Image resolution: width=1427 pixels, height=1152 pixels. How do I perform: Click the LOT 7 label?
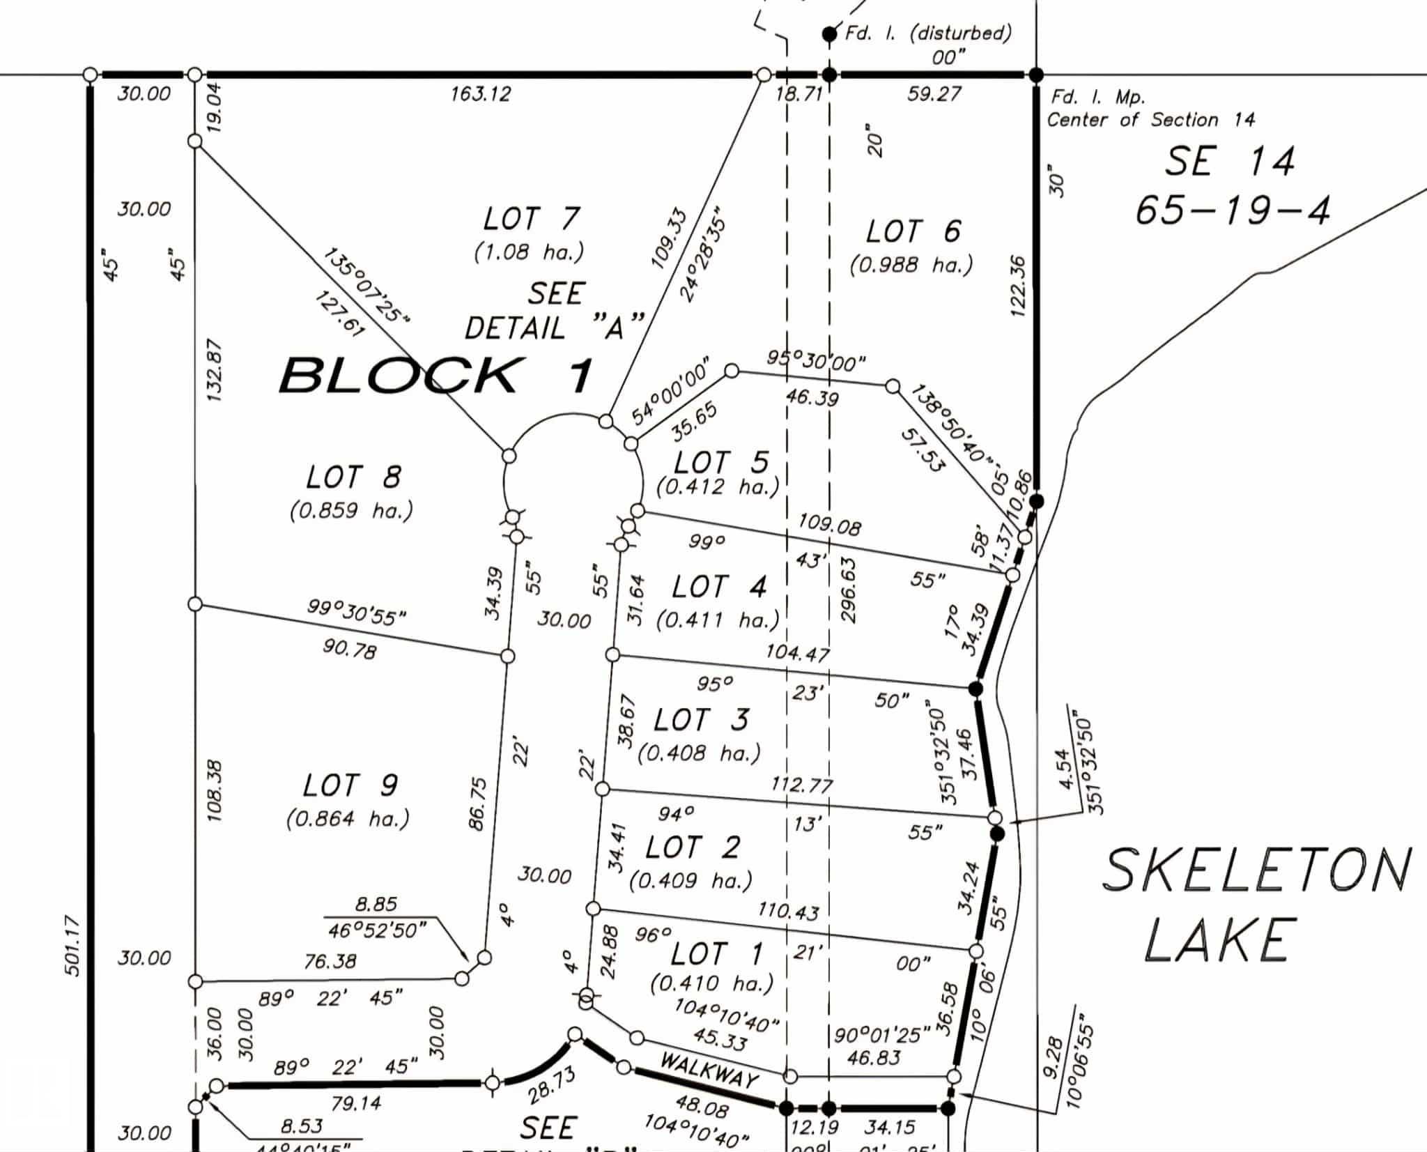pyautogui.click(x=531, y=219)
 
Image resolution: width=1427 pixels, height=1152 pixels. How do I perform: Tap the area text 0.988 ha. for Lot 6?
pyautogui.click(x=911, y=265)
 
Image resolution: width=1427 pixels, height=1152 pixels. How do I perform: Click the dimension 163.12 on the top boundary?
pyautogui.click(x=480, y=93)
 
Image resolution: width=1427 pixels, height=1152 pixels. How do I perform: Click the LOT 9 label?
pyautogui.click(x=350, y=785)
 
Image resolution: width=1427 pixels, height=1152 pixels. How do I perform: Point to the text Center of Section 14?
pyautogui.click(x=1150, y=120)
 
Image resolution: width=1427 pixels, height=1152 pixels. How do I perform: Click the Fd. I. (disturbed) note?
pyautogui.click(x=927, y=33)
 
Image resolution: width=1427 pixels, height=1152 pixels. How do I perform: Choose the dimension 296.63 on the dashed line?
pyautogui.click(x=848, y=591)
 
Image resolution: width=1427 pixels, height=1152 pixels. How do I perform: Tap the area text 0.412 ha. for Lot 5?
pyautogui.click(x=718, y=486)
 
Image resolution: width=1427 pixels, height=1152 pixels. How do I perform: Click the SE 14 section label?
pyautogui.click(x=1229, y=161)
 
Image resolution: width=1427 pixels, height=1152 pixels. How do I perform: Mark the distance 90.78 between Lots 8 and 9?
pyautogui.click(x=349, y=649)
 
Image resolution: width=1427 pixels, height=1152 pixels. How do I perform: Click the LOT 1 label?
pyautogui.click(x=717, y=953)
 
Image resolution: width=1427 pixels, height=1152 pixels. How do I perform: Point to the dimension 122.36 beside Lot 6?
pyautogui.click(x=1018, y=286)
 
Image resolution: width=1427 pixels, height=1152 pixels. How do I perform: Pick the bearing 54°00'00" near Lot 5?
pyautogui.click(x=670, y=390)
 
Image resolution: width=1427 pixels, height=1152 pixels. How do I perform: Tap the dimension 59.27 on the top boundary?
pyautogui.click(x=934, y=93)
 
